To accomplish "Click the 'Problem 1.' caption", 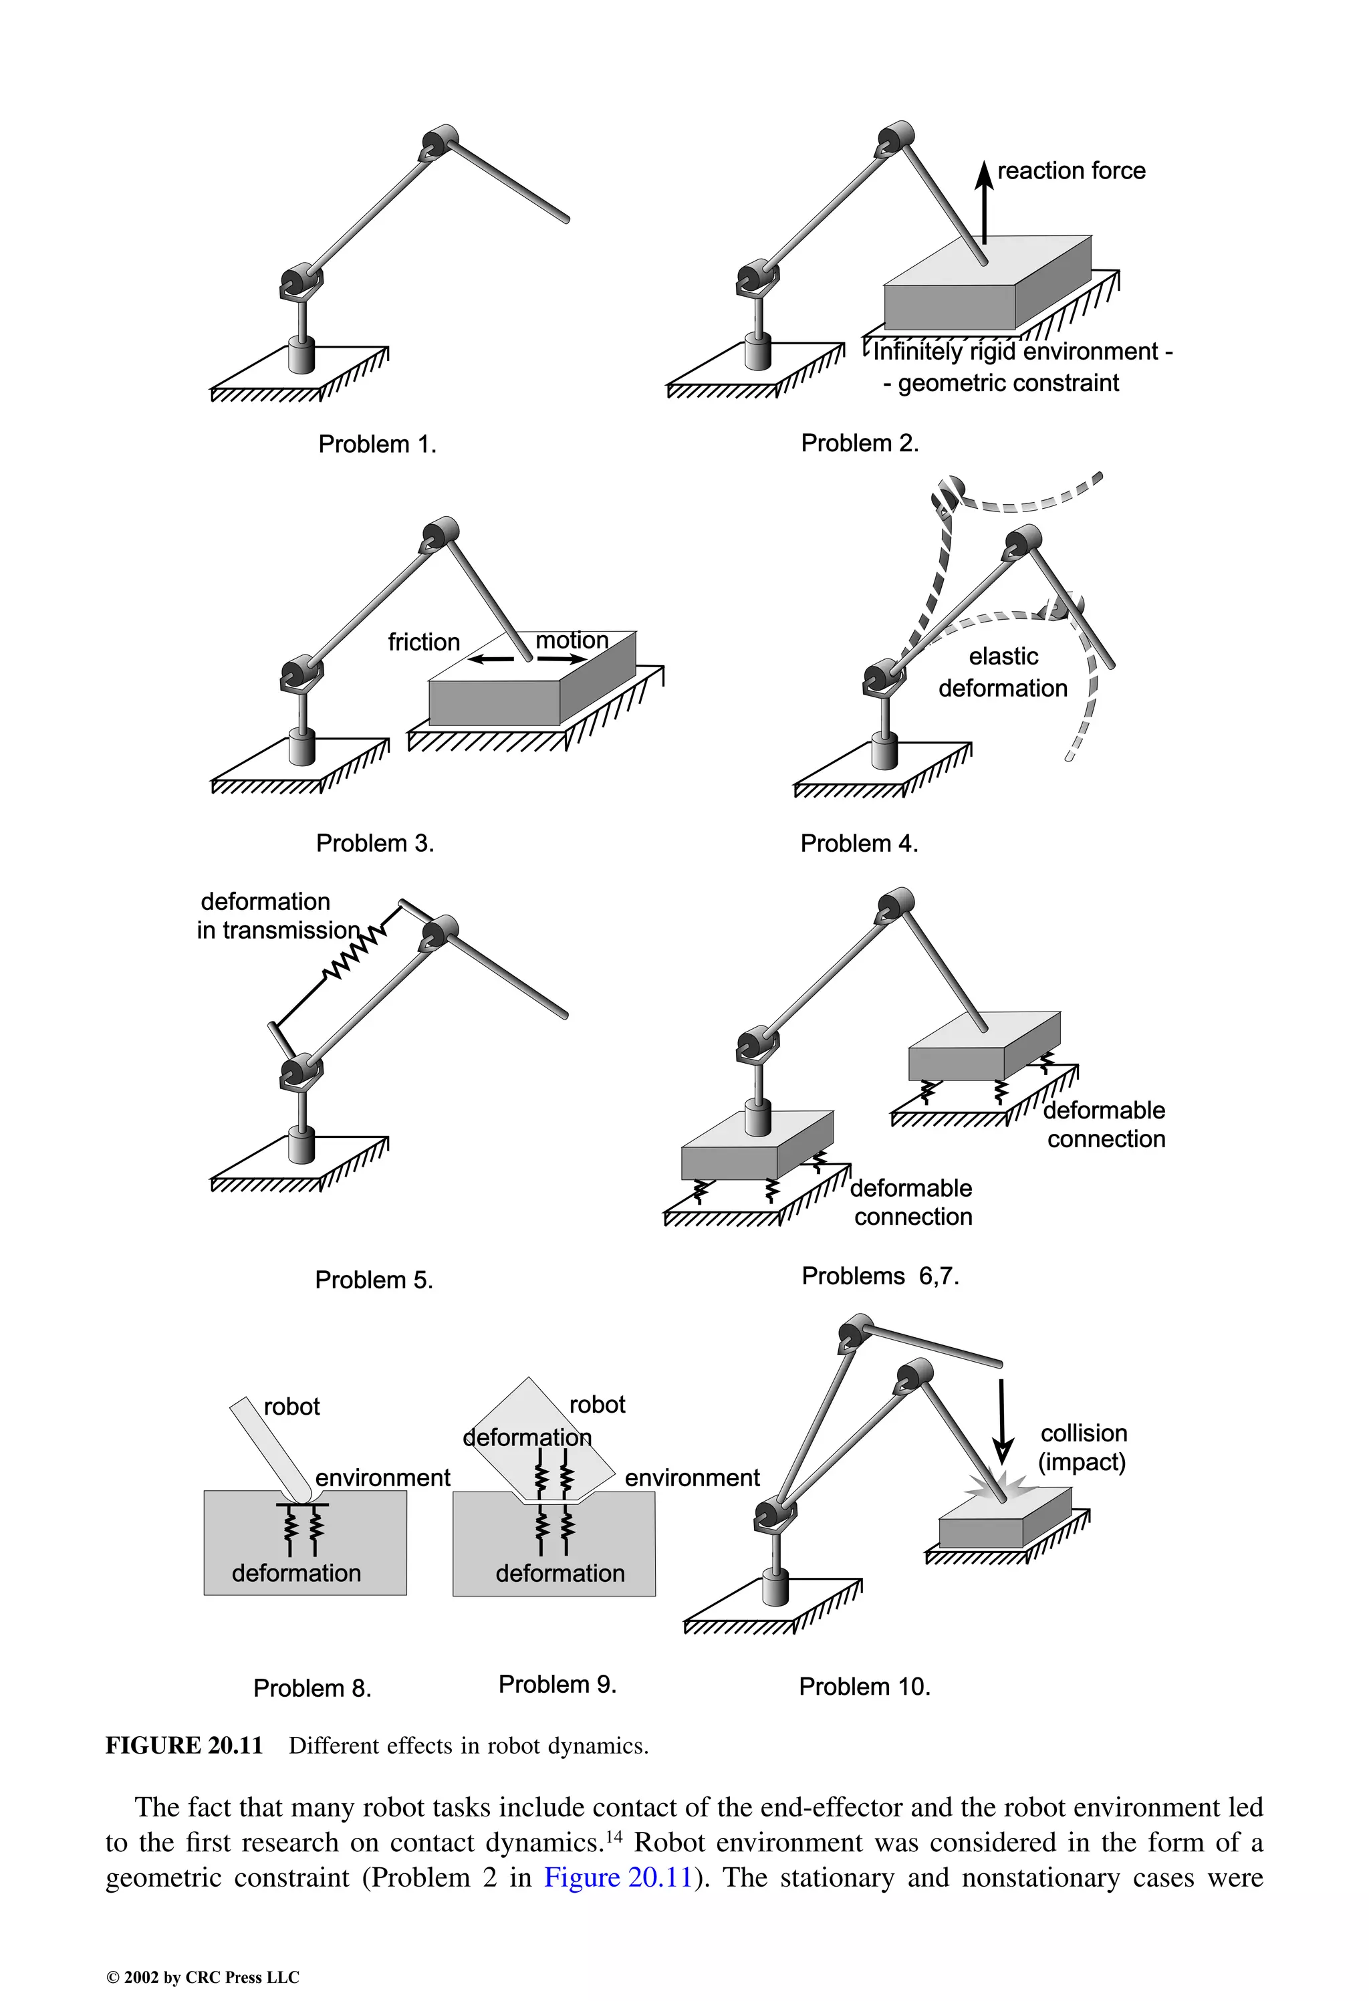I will click(x=377, y=445).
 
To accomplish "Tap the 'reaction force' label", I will click(x=1070, y=170).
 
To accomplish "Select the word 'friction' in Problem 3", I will click(x=424, y=642).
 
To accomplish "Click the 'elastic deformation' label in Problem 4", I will click(x=1003, y=673).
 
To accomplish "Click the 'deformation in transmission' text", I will click(x=277, y=916).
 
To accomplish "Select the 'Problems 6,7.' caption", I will click(x=880, y=1276).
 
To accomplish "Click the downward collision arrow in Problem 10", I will click(x=1001, y=1421).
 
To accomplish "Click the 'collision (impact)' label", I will click(x=1082, y=1447).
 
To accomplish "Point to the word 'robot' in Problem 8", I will click(x=291, y=1407).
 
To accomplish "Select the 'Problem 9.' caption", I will click(x=557, y=1684).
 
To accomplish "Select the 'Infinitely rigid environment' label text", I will click(x=1016, y=352).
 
